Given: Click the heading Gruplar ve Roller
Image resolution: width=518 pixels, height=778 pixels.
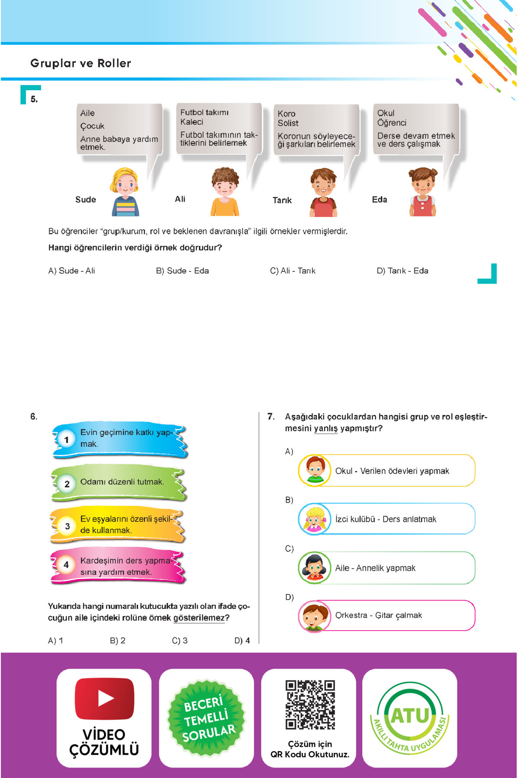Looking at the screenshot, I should (x=81, y=63).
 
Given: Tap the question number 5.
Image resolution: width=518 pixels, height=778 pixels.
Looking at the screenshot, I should (x=34, y=99).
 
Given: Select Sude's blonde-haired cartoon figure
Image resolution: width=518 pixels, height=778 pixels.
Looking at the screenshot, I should (x=125, y=192).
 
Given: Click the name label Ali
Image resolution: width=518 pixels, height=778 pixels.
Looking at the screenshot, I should (x=180, y=199).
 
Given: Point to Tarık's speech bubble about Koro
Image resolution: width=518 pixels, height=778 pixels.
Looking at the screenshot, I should (x=316, y=130).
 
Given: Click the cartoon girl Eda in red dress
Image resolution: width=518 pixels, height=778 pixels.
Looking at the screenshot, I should (x=423, y=192).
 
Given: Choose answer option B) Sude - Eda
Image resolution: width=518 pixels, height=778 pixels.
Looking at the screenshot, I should (x=182, y=271).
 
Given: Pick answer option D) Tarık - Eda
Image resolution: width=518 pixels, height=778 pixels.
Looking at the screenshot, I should (x=402, y=271).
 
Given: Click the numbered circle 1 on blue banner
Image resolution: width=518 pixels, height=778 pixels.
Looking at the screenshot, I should (x=66, y=440).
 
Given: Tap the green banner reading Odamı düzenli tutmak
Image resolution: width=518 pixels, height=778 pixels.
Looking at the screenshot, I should (x=119, y=483).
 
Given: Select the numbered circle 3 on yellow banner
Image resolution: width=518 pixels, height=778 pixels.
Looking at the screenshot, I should (x=67, y=526).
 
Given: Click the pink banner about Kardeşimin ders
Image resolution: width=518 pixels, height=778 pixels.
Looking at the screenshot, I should (x=119, y=566).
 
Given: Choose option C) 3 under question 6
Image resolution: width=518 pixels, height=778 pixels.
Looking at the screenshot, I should (x=180, y=641).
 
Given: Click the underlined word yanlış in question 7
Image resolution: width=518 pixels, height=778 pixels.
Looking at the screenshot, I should (x=325, y=428).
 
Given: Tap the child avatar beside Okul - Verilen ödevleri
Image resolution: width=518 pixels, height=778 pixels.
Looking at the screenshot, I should (x=315, y=470).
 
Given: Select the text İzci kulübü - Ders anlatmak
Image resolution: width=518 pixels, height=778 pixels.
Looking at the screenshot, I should (x=385, y=519).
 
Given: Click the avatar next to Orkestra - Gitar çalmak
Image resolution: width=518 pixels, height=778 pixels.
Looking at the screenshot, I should (x=315, y=615).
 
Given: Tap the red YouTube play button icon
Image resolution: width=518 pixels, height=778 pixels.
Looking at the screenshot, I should (x=104, y=698).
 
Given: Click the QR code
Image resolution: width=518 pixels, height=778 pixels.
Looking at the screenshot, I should (x=310, y=705).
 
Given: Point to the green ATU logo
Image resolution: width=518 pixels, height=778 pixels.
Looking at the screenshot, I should (x=410, y=717).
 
